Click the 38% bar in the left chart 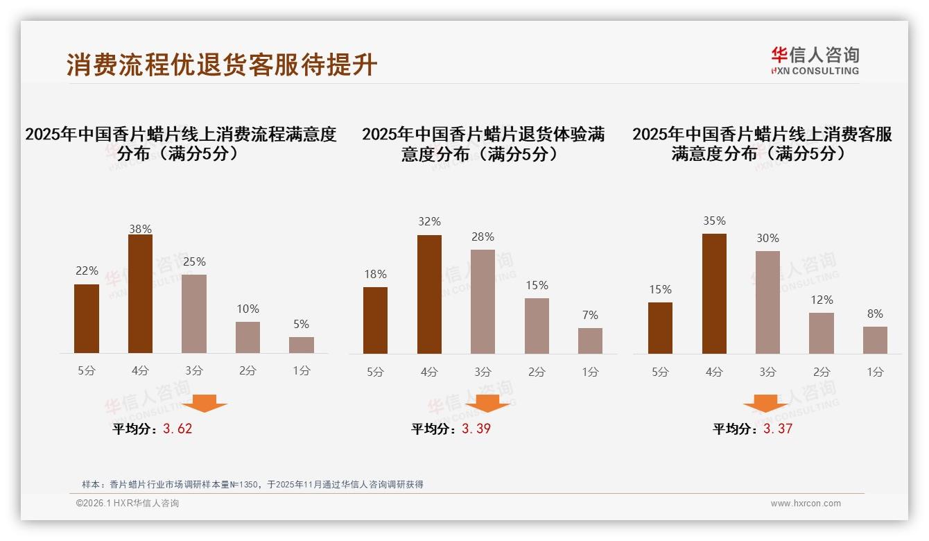(140, 294)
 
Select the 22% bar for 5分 (87, 319)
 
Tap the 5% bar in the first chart (302, 345)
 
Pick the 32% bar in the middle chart (429, 295)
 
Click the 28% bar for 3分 (483, 302)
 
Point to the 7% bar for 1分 (590, 341)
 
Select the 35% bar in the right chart (714, 294)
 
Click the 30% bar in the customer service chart (767, 302)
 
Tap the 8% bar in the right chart (875, 340)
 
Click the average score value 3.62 (177, 429)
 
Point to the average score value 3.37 (778, 429)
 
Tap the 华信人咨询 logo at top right (815, 60)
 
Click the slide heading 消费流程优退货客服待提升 (222, 65)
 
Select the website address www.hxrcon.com (806, 504)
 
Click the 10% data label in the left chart (248, 309)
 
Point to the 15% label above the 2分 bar (537, 285)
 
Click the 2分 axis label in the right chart (822, 372)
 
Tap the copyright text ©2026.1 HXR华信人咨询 (128, 504)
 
